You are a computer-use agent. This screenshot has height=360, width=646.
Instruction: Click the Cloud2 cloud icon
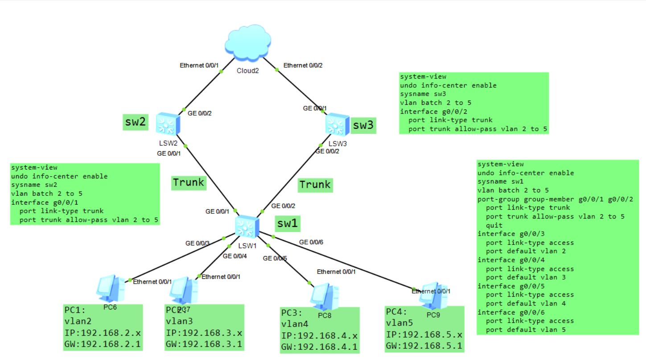point(248,43)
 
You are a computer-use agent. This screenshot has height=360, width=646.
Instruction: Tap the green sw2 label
point(136,122)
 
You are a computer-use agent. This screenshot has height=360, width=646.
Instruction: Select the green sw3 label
point(363,125)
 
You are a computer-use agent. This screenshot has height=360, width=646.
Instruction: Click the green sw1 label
point(287,223)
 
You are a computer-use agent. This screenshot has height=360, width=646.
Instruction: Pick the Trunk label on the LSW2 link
point(189,182)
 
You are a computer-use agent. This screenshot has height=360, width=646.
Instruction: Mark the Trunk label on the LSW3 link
point(315,185)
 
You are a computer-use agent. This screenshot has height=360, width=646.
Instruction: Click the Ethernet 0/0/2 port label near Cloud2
point(303,66)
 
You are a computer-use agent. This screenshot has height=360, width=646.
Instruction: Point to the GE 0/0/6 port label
point(311,242)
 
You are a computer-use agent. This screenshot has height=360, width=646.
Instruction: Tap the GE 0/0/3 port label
point(198,244)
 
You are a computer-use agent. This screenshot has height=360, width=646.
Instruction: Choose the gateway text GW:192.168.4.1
point(319,347)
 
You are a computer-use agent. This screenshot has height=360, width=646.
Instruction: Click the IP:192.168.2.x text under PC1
point(102,333)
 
